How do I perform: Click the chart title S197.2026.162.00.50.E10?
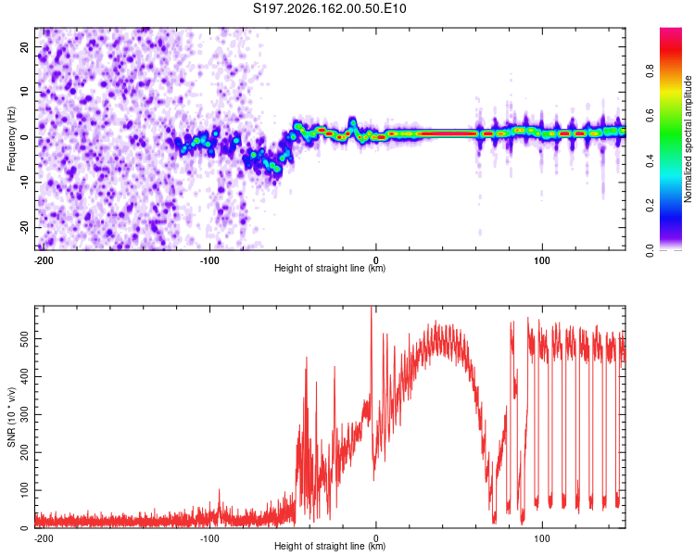(x=329, y=8)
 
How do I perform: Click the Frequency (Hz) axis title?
(x=11, y=139)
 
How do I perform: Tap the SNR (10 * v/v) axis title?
(x=11, y=417)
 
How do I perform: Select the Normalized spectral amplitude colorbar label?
(x=688, y=139)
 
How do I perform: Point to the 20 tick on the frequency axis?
(x=25, y=47)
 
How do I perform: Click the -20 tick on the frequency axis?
(x=25, y=227)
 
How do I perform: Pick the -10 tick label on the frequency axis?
(x=25, y=183)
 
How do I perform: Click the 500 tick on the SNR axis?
(x=25, y=339)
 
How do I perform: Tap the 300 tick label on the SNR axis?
(x=25, y=414)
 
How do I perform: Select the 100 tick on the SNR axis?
(x=25, y=490)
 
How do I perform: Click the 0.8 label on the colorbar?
(x=650, y=71)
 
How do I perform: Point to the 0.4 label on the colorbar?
(x=650, y=161)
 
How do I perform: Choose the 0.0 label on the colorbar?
(x=650, y=251)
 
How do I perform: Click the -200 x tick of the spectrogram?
(x=43, y=260)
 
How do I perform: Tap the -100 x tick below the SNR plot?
(x=209, y=538)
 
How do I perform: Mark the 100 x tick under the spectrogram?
(x=542, y=260)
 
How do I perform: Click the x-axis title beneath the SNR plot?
(x=330, y=546)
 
